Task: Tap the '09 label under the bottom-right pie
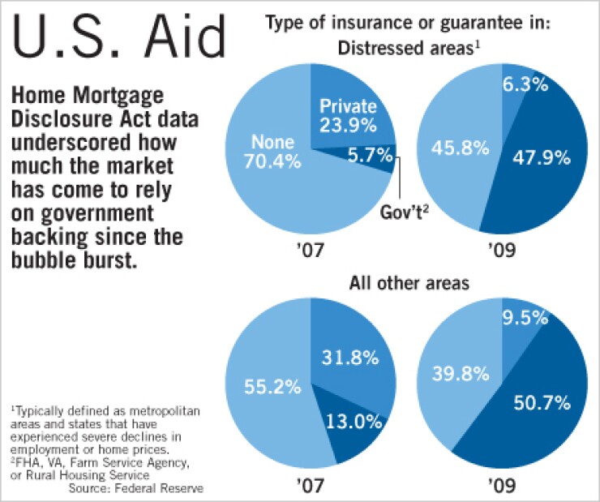[504, 483]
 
